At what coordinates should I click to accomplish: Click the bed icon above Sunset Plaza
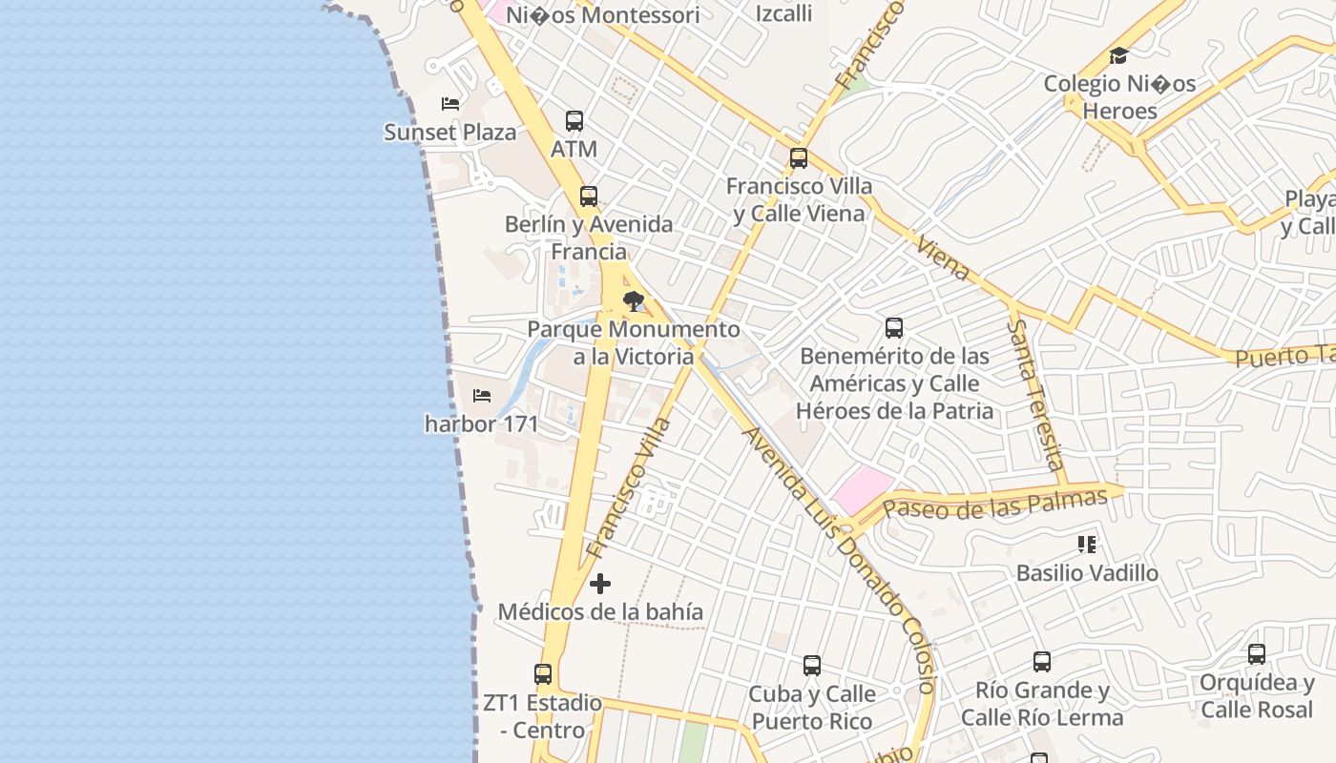[x=450, y=103]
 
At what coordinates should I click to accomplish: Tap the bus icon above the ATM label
[x=574, y=121]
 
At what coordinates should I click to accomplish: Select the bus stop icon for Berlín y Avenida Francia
[x=589, y=196]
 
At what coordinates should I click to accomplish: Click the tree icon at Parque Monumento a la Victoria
[x=633, y=301]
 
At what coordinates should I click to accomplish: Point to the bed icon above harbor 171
[x=482, y=395]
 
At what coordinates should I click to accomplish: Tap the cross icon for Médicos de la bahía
[x=600, y=584]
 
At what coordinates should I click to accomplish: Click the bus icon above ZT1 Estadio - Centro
[x=543, y=674]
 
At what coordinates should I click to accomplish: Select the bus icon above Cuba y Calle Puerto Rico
[x=812, y=666]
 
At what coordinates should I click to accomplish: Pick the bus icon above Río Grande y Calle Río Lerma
[x=1042, y=662]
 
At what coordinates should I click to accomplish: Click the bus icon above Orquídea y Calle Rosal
[x=1257, y=654]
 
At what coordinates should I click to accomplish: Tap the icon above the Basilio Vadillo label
[x=1086, y=545]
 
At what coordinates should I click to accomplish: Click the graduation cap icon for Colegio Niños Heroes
[x=1118, y=56]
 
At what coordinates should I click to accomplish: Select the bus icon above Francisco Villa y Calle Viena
[x=799, y=158]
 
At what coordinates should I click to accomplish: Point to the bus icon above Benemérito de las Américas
[x=894, y=328]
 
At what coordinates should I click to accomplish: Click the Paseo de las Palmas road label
[x=994, y=503]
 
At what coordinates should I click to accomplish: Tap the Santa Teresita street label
[x=1035, y=394]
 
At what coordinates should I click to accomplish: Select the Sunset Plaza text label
[x=450, y=132]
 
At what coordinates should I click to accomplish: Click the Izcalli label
[x=783, y=13]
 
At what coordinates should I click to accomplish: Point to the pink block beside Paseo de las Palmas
[x=862, y=489]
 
